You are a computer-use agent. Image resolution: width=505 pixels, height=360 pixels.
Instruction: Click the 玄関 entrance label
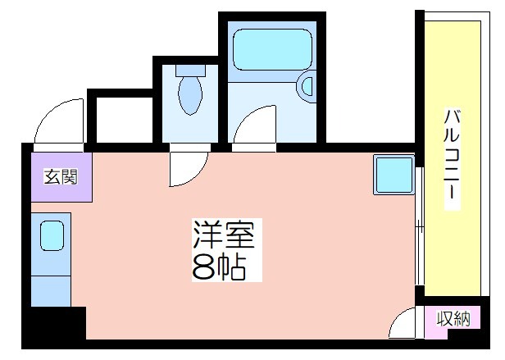tap(61, 176)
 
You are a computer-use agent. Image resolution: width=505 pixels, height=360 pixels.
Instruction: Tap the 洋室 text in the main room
tap(224, 235)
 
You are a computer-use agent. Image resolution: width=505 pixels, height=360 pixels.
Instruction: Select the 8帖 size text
tap(219, 267)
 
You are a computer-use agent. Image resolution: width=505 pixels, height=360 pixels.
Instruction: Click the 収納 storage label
tap(453, 318)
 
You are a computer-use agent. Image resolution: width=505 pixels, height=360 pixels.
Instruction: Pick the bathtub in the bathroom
tap(272, 49)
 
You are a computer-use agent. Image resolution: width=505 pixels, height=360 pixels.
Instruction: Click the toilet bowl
tap(190, 95)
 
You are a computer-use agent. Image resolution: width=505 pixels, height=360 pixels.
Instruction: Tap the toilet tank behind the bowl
tap(190, 71)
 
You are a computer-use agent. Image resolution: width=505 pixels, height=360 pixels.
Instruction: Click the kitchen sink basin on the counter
tap(52, 235)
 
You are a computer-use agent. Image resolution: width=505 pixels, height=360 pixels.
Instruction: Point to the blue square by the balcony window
tap(394, 175)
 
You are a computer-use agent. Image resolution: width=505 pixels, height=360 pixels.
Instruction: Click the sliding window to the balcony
tap(419, 226)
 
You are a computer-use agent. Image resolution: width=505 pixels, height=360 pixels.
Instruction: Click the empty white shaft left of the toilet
tap(125, 120)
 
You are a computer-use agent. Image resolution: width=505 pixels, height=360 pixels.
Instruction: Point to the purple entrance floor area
tap(61, 177)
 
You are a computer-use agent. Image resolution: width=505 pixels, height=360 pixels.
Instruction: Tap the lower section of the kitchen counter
tap(51, 291)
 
